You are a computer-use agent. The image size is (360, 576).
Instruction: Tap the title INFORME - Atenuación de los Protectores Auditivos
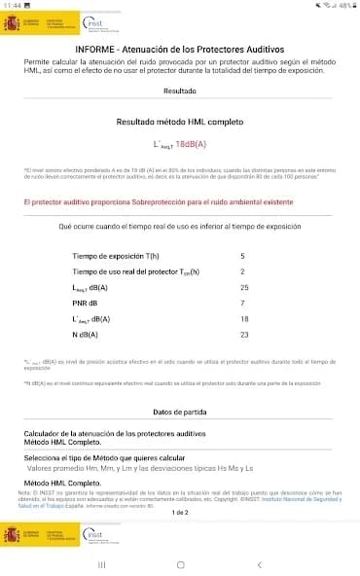click(180, 48)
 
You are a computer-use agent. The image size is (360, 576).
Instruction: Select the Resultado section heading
click(180, 90)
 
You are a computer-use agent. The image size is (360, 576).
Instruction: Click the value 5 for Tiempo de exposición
click(243, 256)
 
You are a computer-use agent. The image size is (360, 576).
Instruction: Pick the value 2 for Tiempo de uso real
click(243, 271)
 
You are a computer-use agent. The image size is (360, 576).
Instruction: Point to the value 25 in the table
click(244, 287)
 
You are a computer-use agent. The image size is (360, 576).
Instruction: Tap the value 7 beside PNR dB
click(243, 303)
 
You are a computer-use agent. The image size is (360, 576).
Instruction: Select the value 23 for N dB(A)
click(244, 334)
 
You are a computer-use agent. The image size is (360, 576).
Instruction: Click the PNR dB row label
click(87, 303)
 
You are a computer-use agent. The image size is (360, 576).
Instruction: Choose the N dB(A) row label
click(89, 334)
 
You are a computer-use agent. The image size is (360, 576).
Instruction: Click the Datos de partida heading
click(180, 413)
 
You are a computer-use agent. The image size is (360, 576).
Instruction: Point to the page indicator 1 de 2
click(180, 512)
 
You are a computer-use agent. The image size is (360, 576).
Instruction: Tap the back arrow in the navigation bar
click(259, 563)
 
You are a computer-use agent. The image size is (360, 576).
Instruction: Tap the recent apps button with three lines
click(100, 563)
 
